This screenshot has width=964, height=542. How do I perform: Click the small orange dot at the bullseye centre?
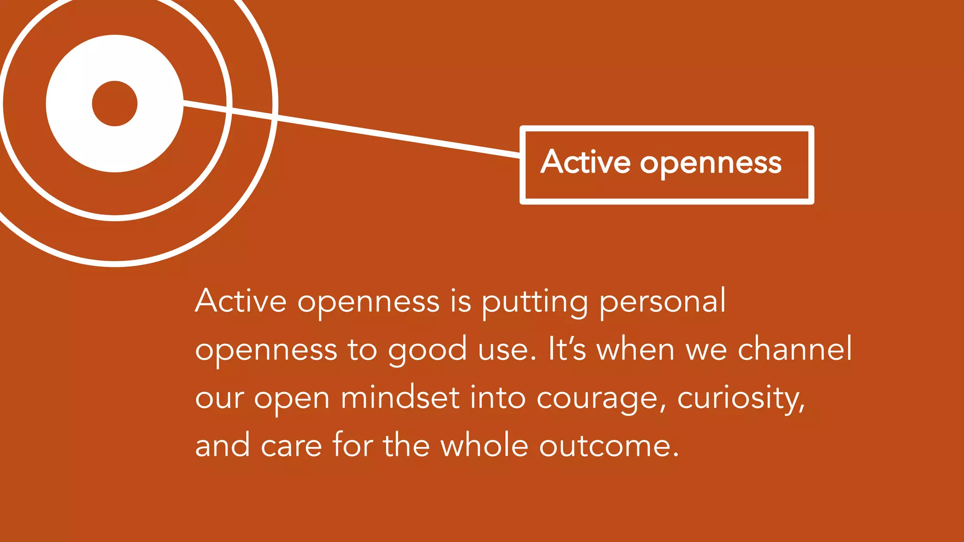click(x=114, y=104)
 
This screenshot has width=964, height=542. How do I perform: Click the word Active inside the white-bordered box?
click(x=586, y=162)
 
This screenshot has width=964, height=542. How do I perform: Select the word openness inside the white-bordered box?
click(x=711, y=164)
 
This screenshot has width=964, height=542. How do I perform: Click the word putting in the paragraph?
click(x=535, y=302)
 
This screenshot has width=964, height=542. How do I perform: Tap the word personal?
click(x=663, y=302)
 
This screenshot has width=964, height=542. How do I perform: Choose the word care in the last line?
click(x=291, y=446)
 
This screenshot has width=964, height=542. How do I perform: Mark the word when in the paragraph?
click(x=636, y=350)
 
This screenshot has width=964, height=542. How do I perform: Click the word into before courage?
click(x=498, y=398)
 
